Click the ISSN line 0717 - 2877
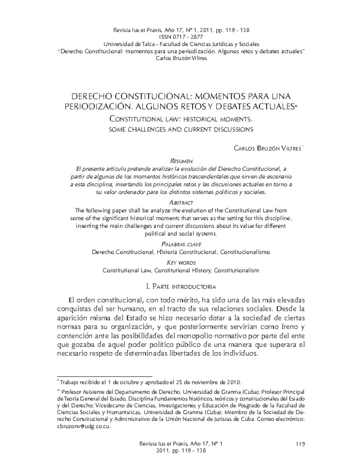click(x=181, y=37)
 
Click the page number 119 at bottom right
click(x=300, y=444)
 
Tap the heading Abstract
click(x=181, y=203)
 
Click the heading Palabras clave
click(x=181, y=244)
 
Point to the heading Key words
click(x=181, y=263)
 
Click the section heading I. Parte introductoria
click(x=181, y=286)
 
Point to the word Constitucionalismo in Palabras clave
click(x=245, y=252)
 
